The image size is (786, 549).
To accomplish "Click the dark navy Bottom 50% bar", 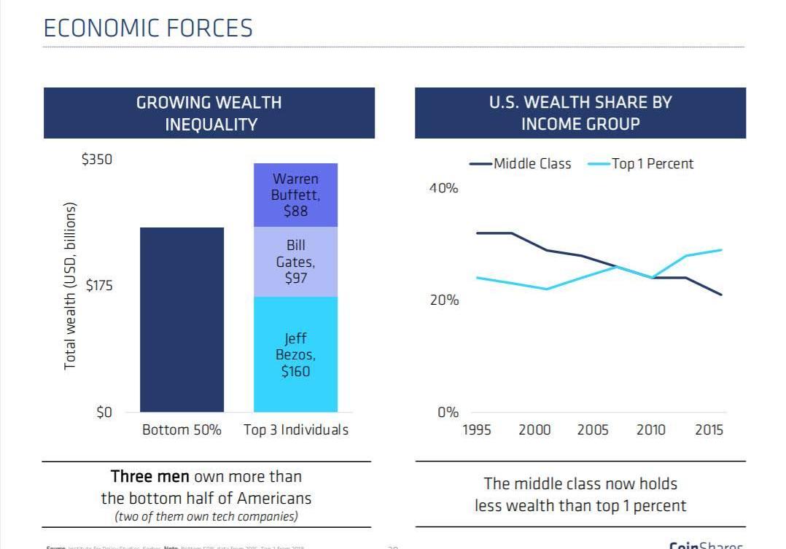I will [182, 319].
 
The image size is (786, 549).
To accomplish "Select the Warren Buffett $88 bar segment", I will [295, 195].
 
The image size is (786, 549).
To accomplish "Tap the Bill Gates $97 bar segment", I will [295, 262].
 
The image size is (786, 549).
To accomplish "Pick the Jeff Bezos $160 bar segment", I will [295, 354].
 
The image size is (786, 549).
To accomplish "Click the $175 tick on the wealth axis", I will [99, 286].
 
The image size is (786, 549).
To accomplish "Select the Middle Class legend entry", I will [521, 164].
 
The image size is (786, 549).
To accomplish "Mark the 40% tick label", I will [443, 188].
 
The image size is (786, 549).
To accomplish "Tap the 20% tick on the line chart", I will [443, 300].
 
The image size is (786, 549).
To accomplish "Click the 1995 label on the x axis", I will [477, 430].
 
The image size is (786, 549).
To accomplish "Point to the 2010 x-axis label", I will [650, 430].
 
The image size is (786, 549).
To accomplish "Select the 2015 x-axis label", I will [709, 430].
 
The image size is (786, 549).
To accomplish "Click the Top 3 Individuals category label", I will [296, 430].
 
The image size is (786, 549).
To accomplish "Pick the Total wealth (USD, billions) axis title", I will [70, 286].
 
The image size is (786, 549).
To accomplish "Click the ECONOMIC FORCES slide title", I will [148, 28].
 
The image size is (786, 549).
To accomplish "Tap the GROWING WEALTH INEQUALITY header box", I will [209, 113].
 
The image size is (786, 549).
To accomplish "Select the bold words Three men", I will [149, 477].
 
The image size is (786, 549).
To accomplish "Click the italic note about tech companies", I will [206, 517].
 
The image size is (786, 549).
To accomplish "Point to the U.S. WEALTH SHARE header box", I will [580, 113].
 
